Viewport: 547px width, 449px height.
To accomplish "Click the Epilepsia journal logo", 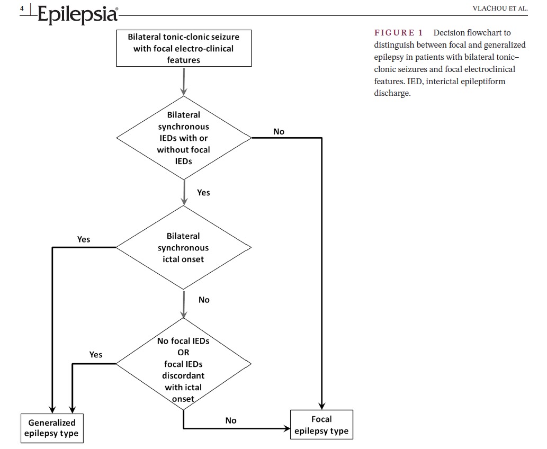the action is point(78,14).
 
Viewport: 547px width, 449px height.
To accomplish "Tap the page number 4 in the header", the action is point(22,8).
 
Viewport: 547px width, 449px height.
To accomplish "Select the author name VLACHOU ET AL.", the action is point(500,8).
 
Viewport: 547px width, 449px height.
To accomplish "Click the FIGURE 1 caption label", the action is point(398,33).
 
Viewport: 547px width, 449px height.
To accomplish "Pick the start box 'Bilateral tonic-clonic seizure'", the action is point(184,48).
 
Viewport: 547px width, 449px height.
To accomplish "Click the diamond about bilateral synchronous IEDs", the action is point(184,138).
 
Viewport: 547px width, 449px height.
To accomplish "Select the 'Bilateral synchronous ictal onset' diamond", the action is point(184,247).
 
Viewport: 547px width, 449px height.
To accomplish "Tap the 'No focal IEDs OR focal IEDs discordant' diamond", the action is point(184,364).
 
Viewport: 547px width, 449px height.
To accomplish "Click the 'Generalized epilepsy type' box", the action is point(52,428).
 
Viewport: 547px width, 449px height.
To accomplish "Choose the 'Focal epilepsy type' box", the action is point(321,425).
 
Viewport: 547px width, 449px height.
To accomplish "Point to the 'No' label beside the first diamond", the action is point(279,131).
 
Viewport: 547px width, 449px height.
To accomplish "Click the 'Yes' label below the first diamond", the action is point(203,193).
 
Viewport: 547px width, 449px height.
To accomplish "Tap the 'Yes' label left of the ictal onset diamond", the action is point(84,239).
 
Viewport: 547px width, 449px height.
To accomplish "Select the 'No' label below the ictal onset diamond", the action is point(204,300).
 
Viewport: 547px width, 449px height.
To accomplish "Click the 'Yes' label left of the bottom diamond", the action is point(96,355).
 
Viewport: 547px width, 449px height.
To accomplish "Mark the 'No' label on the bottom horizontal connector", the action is point(231,420).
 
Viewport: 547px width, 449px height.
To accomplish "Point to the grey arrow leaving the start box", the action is point(184,82).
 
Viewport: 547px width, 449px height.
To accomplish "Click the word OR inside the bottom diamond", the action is point(184,352).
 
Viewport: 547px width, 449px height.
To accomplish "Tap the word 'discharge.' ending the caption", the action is point(392,93).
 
